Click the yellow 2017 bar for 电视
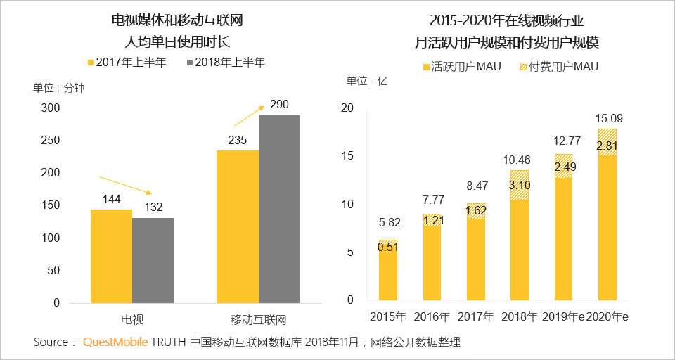tap(111, 256)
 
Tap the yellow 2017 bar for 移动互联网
tap(238, 226)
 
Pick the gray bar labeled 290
tap(279, 209)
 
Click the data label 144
tap(112, 200)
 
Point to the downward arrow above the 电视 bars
tap(125, 185)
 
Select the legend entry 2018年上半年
tap(225, 63)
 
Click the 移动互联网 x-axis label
tap(259, 320)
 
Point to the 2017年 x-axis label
tap(475, 316)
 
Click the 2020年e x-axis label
tap(607, 316)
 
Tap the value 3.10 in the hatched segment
tap(520, 186)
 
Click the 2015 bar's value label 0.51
tap(388, 246)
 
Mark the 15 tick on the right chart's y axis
tap(347, 156)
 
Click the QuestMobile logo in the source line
tap(115, 342)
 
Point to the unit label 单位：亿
tap(367, 81)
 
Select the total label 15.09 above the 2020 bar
tap(607, 118)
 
